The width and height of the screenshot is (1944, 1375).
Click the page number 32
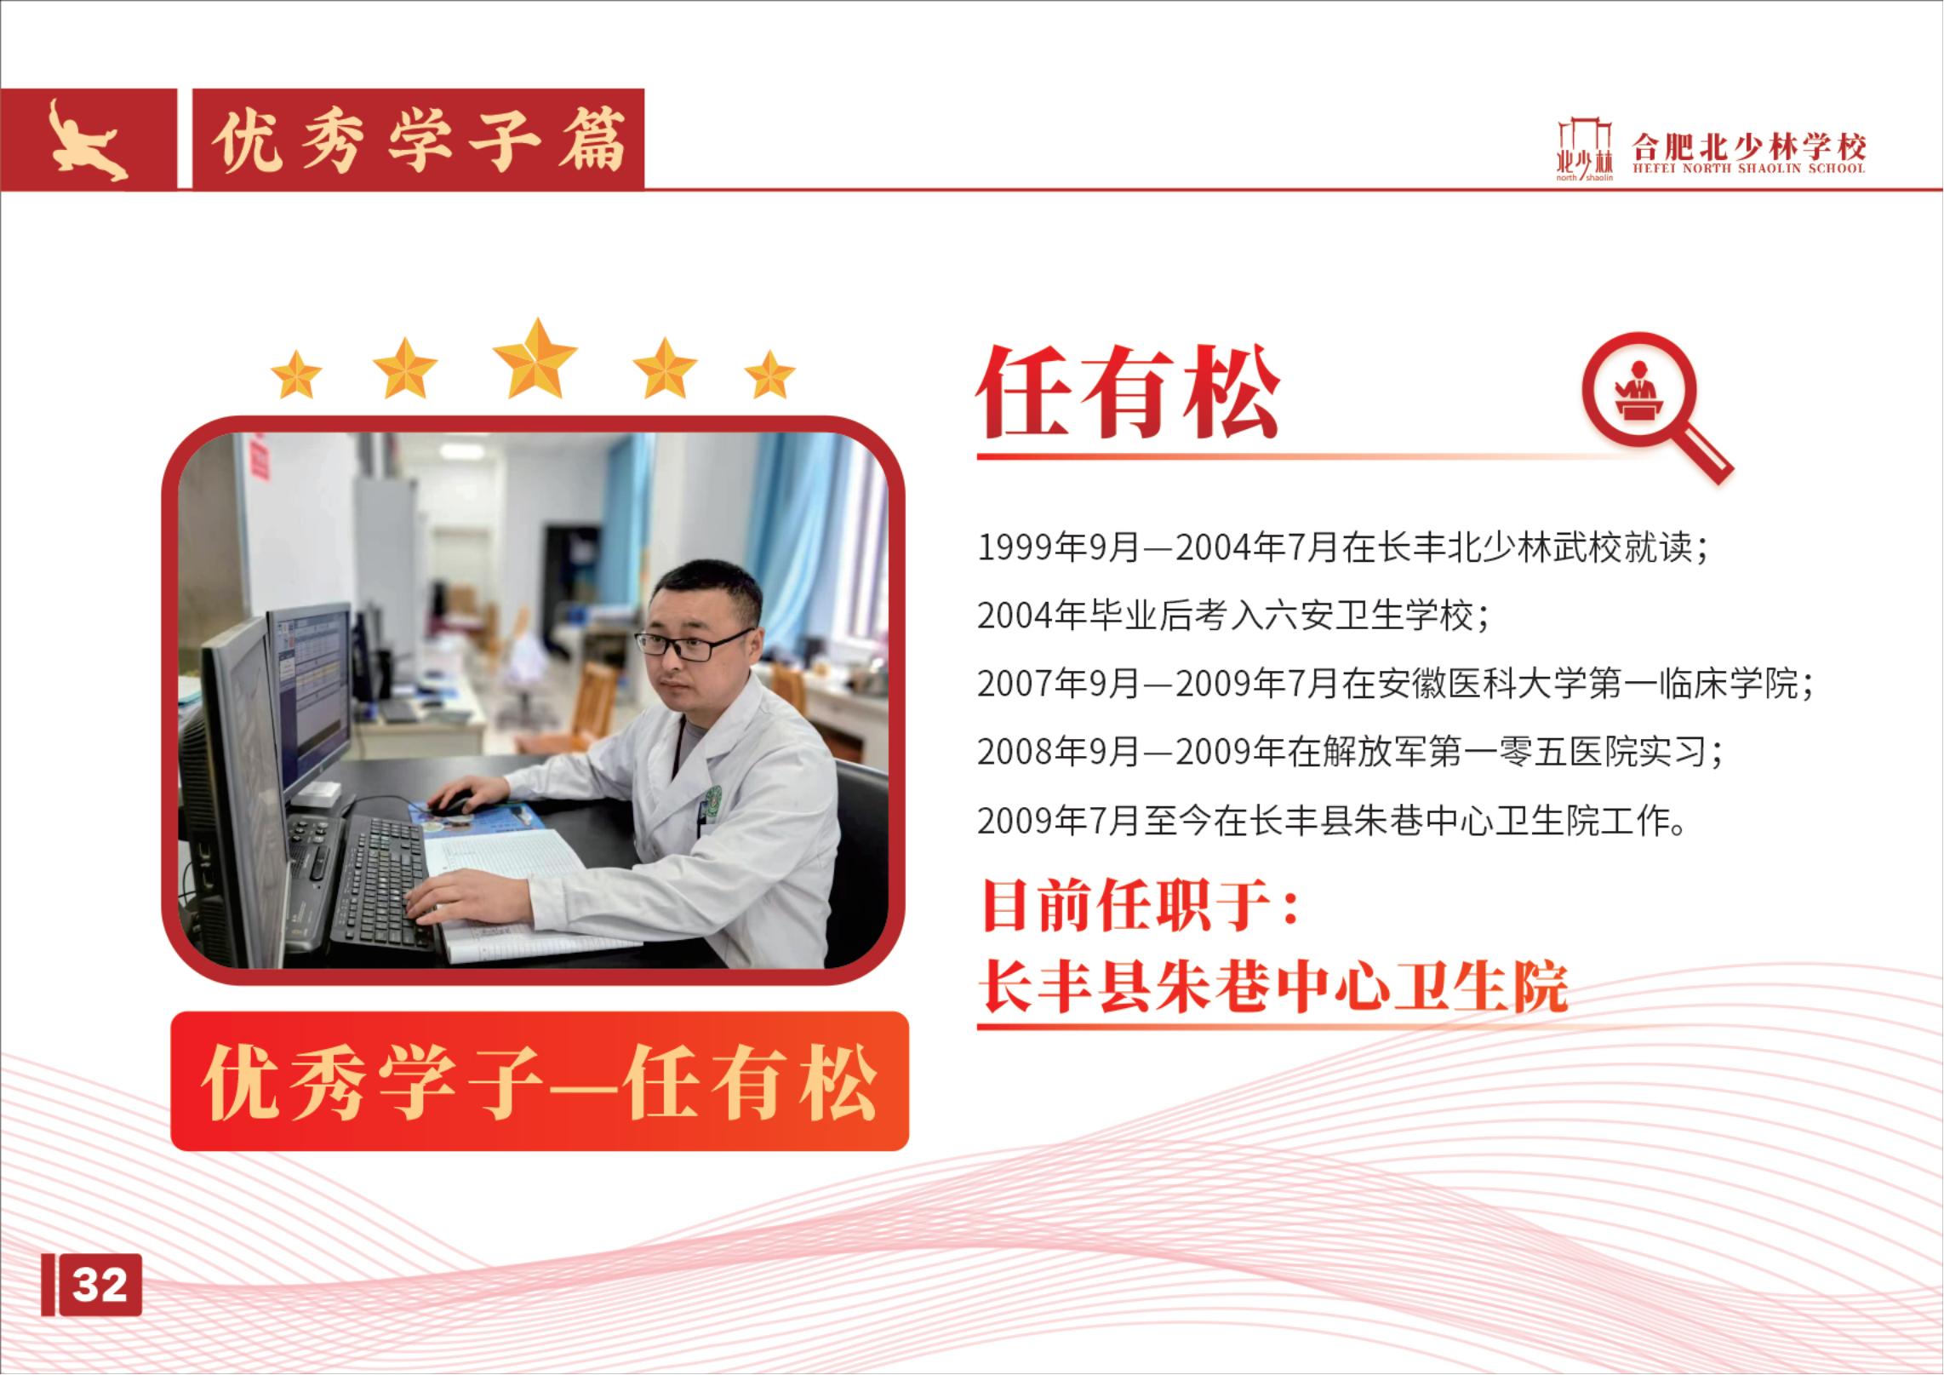(100, 1284)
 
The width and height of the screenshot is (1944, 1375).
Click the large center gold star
(535, 358)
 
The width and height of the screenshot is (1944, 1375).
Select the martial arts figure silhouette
(86, 140)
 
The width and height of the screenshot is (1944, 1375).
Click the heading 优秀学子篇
(418, 140)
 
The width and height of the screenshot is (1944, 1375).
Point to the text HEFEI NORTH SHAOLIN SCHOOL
(1748, 169)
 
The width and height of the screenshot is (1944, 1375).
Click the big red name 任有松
(1128, 392)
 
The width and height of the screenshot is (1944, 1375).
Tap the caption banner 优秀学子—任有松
(540, 1081)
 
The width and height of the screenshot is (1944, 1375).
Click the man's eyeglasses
(691, 644)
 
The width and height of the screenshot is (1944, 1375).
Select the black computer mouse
(450, 802)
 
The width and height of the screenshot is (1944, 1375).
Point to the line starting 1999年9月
(1343, 547)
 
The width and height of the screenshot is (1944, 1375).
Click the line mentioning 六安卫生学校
(1233, 616)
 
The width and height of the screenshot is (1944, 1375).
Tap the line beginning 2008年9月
(1350, 752)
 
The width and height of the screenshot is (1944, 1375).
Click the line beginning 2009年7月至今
(1332, 821)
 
